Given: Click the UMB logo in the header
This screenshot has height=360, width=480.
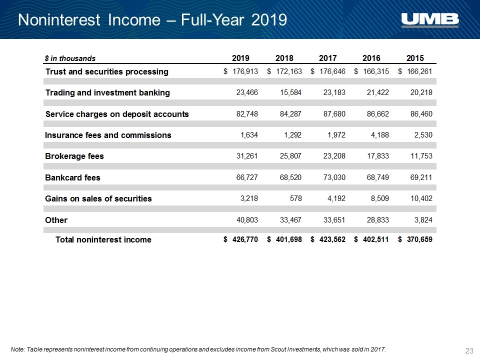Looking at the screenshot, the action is click(430, 20).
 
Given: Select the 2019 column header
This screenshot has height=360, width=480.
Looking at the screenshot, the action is click(240, 58).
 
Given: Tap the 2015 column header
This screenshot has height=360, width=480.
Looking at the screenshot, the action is click(415, 58).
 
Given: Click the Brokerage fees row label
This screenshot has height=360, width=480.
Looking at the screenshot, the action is click(74, 156).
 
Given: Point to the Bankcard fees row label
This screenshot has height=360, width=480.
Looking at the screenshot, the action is click(72, 177).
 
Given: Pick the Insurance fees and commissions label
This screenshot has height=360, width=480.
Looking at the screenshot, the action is click(108, 135).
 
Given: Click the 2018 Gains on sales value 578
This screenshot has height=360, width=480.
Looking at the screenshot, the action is click(295, 198).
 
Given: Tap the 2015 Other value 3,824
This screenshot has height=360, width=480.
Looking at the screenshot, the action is click(423, 220).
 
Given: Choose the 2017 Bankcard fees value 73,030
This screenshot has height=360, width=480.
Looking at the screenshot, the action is click(334, 177).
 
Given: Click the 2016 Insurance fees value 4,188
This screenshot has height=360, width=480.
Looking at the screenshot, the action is click(380, 135).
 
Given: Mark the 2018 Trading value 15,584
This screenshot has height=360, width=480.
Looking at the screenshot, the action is click(290, 92).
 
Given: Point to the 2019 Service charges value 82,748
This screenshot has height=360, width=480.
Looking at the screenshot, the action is click(247, 114).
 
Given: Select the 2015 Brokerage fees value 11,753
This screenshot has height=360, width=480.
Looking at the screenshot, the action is click(421, 156).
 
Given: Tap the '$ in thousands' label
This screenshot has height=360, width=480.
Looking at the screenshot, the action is click(70, 58).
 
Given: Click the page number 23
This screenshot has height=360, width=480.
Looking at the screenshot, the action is click(469, 351).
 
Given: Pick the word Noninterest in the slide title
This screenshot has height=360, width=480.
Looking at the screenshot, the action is click(59, 20).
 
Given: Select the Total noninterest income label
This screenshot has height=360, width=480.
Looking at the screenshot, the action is click(103, 239).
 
